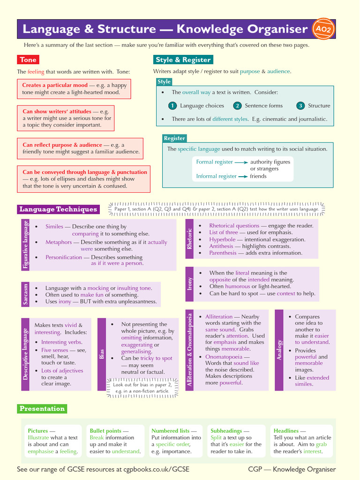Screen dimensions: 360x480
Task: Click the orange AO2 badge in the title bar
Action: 323,29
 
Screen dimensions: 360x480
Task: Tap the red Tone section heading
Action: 28,60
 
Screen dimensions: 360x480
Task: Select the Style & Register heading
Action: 183,60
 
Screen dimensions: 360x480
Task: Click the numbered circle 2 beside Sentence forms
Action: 238,106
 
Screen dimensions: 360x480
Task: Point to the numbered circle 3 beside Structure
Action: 300,106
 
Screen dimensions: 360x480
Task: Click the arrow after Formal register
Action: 241,162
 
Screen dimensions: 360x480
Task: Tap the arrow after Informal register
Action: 243,177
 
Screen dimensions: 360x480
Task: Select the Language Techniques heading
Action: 58,210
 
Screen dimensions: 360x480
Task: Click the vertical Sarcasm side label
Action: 26,294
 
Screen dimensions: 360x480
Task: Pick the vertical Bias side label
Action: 102,354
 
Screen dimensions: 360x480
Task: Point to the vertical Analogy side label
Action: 279,350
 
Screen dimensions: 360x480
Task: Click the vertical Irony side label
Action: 190,284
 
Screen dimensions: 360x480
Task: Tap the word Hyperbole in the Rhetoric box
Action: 222,240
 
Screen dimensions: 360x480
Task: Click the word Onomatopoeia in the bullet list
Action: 223,357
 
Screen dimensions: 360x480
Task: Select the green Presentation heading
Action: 42,409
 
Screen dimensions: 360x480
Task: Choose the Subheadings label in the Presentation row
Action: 226,431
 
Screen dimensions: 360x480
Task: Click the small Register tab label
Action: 174,138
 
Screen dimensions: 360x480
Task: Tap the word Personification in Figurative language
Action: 63,257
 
